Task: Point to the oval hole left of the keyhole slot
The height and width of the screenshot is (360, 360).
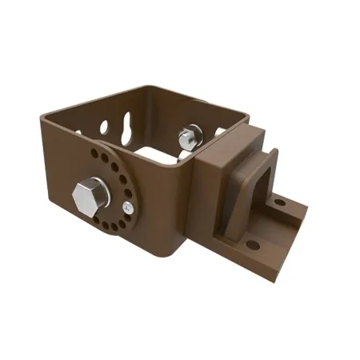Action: coord(105,126)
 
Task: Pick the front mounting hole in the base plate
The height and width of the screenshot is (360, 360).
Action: coord(253,244)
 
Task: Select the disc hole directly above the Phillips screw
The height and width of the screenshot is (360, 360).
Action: coord(129,193)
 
